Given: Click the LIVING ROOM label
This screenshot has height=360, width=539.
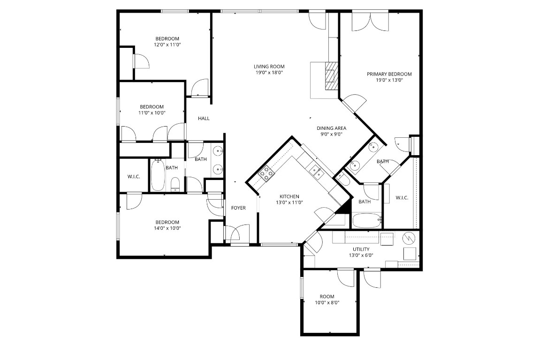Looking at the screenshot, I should click(269, 67).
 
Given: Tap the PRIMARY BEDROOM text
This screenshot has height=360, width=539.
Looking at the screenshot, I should click(389, 74).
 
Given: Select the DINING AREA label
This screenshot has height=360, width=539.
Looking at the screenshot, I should click(331, 128).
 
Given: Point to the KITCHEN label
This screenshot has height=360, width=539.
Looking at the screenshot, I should click(289, 196).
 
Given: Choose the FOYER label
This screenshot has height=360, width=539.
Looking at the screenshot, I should click(238, 208).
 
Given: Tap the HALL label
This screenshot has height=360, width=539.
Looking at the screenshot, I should click(204, 119).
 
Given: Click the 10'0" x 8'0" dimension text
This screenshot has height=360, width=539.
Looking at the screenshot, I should click(327, 303).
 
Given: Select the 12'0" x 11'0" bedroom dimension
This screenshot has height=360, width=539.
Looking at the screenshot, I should click(167, 45).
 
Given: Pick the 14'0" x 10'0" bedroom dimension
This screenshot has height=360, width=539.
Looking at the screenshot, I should click(167, 228).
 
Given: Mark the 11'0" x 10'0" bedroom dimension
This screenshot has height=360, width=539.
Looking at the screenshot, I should click(152, 112).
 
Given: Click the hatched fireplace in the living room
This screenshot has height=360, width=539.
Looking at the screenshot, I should click(332, 75).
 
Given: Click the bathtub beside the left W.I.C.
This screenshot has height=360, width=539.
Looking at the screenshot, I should click(158, 175).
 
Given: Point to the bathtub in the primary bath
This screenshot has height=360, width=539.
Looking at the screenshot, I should click(366, 220).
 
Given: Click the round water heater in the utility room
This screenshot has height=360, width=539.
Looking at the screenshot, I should click(410, 238).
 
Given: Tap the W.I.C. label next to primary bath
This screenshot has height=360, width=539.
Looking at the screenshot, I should click(402, 198).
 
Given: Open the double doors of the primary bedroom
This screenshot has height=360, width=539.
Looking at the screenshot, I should click(370, 22).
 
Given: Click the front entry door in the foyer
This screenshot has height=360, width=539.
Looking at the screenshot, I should click(239, 234).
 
